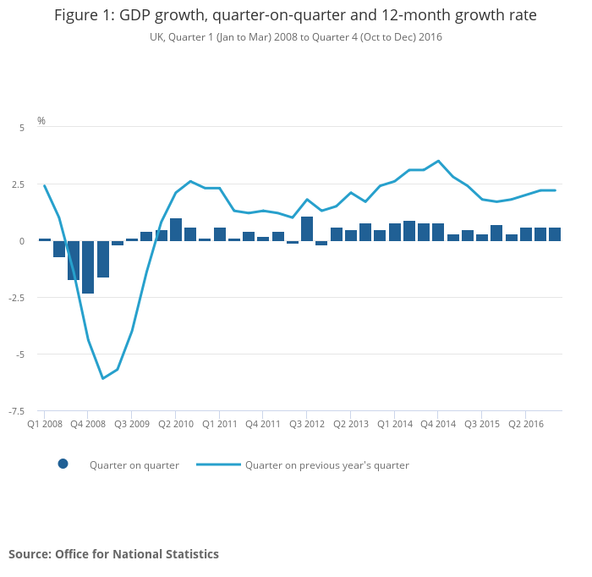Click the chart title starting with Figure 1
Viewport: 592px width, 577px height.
(x=295, y=16)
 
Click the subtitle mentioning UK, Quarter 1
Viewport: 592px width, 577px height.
(x=295, y=37)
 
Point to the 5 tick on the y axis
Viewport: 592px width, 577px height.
(x=22, y=127)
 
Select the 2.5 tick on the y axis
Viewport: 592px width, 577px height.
(x=19, y=184)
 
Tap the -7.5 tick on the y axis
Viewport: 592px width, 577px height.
(x=17, y=411)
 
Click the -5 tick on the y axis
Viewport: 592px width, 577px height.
(x=20, y=354)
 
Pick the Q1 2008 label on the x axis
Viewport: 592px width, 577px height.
(x=45, y=423)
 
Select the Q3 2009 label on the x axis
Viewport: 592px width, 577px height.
(x=132, y=423)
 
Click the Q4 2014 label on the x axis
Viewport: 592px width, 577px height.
(x=439, y=423)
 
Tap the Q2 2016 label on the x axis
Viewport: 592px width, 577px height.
(x=525, y=423)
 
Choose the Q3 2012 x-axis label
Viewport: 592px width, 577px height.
(x=308, y=423)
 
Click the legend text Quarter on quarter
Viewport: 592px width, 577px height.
(x=134, y=465)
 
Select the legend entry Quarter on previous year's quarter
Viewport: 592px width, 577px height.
(x=326, y=465)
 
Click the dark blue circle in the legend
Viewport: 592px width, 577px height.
(x=63, y=464)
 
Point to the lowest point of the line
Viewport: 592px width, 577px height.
(x=102, y=378)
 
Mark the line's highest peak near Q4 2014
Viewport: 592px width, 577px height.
(x=438, y=161)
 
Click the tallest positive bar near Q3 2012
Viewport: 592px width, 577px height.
(x=307, y=228)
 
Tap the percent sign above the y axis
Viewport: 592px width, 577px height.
(x=41, y=121)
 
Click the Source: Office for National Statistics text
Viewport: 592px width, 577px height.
(x=113, y=554)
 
